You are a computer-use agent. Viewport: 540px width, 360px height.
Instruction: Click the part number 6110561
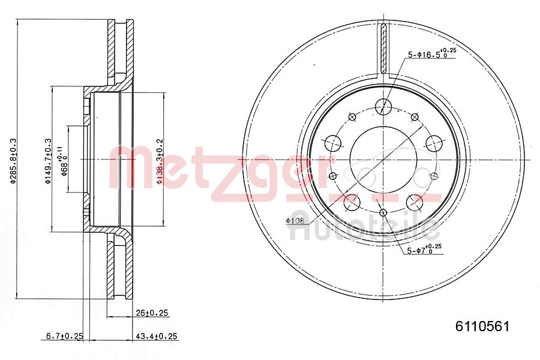click(x=482, y=327)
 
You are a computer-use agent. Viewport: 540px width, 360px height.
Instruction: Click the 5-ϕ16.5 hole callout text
click(x=431, y=54)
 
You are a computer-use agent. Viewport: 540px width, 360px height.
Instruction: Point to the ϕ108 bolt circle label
click(x=296, y=220)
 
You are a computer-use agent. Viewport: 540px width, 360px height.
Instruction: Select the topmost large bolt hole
click(x=383, y=107)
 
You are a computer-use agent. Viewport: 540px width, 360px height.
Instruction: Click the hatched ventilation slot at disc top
click(x=383, y=48)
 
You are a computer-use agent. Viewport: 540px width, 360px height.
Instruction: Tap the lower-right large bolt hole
click(x=414, y=201)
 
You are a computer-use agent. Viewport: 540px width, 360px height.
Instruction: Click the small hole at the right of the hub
click(x=434, y=176)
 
